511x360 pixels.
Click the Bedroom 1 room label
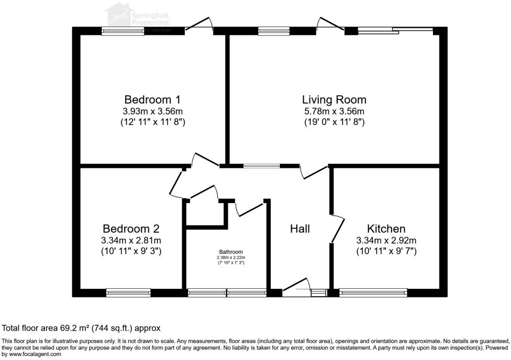click(x=152, y=99)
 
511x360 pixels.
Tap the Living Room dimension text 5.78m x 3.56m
click(x=334, y=111)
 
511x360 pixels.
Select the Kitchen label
click(x=386, y=229)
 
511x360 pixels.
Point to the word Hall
click(x=300, y=229)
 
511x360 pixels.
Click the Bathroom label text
click(x=231, y=252)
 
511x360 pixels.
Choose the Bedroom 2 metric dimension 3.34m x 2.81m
click(x=131, y=240)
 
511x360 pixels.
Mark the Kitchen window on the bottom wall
click(x=373, y=292)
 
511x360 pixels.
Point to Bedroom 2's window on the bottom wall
click(x=128, y=292)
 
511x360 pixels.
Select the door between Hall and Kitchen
click(x=338, y=229)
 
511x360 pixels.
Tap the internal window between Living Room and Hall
click(x=262, y=166)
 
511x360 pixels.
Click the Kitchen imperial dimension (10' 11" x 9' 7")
click(x=386, y=251)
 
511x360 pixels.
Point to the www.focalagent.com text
click(x=32, y=354)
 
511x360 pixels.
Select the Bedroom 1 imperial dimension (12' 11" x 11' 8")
click(x=152, y=122)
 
